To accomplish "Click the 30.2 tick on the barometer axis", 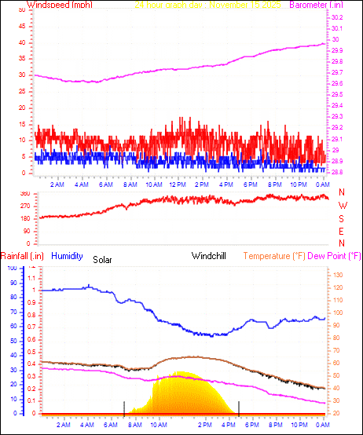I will tap(336, 17).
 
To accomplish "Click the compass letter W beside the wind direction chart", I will tap(342, 206).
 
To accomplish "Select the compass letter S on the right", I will tap(342, 219).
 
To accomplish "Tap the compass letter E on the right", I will tap(342, 232).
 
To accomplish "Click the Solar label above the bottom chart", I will tap(103, 259).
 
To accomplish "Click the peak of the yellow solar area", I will tap(181, 372).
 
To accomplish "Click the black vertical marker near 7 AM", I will tap(123, 406).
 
